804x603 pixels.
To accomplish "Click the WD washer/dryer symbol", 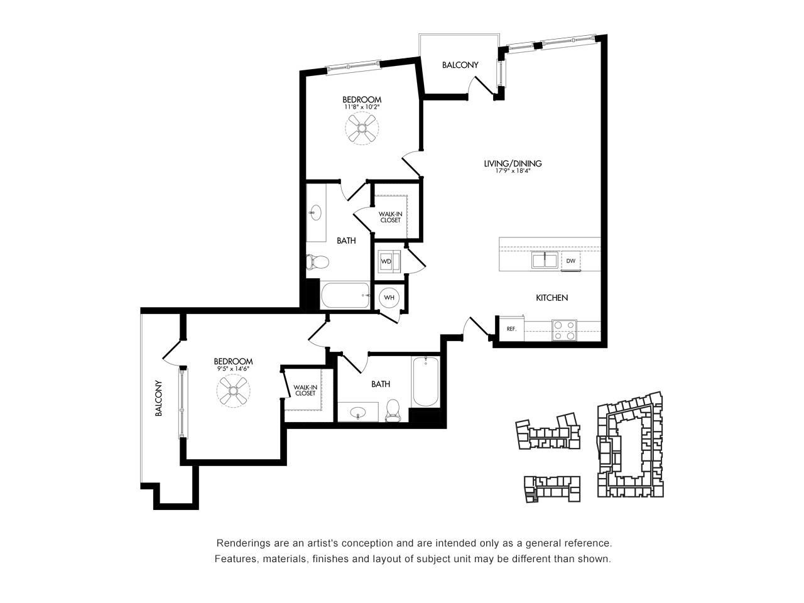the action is click(x=389, y=261).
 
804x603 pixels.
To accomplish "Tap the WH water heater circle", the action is click(x=389, y=298).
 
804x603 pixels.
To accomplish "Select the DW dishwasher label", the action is click(x=570, y=261).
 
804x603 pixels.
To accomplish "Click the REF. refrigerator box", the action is click(x=511, y=329).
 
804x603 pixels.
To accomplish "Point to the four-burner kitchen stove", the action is click(x=564, y=330).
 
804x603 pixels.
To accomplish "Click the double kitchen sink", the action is click(x=545, y=260).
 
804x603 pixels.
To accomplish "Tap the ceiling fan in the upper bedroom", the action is click(x=362, y=128).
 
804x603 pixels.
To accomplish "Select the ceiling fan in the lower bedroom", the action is click(x=233, y=391).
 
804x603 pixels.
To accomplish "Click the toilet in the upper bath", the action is click(x=317, y=262).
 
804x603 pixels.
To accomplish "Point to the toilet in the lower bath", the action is click(x=393, y=410).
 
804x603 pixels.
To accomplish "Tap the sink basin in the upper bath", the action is click(x=315, y=212).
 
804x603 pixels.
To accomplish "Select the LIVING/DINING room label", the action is click(x=513, y=163).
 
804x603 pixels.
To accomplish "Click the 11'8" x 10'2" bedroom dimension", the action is click(x=362, y=107).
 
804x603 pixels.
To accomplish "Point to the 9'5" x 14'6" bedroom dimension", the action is click(x=233, y=369).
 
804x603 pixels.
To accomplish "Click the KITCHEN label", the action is click(x=551, y=298).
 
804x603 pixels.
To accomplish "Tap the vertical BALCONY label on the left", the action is click(x=158, y=398).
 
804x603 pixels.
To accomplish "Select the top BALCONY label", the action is click(x=460, y=65).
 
